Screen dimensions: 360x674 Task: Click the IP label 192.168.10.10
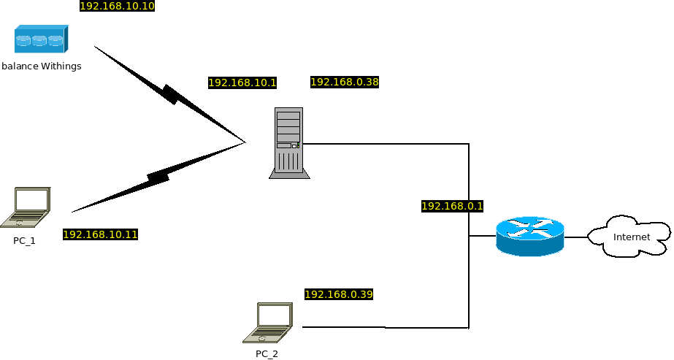coord(117,7)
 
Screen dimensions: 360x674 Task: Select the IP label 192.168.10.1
coord(242,83)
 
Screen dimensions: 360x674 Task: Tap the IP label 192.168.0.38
coord(345,82)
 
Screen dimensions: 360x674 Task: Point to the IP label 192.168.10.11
coord(100,234)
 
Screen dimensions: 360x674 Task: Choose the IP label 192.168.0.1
coord(453,207)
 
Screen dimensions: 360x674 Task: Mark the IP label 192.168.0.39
coord(339,294)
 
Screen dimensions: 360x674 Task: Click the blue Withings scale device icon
coord(41,39)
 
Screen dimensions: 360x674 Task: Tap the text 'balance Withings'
coord(42,66)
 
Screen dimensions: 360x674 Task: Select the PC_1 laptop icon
coord(27,207)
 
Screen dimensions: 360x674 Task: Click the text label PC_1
coord(24,240)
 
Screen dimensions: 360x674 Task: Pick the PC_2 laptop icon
coord(269,323)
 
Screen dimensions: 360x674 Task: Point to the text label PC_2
coord(267,354)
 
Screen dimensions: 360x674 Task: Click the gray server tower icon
coord(288,142)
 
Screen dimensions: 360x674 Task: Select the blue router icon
coord(529,236)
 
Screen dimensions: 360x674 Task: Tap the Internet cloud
coord(629,236)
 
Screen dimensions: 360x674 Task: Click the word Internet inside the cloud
coord(631,237)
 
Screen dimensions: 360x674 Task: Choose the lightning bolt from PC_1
coord(158,177)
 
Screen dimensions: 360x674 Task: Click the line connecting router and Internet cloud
coord(575,237)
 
